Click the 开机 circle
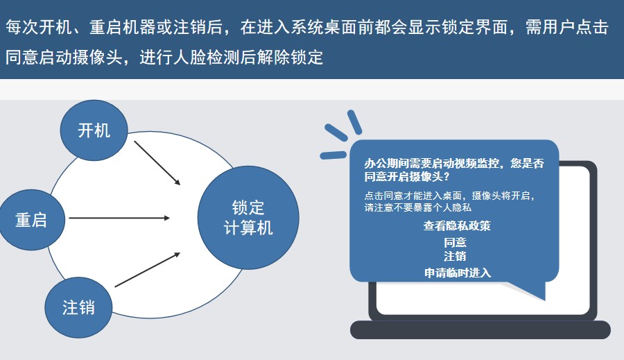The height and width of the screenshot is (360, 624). [94, 130]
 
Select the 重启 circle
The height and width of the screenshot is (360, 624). [32, 220]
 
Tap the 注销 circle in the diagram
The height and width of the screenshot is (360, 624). [78, 307]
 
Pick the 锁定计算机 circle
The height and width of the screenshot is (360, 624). [248, 218]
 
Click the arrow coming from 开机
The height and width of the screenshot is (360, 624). [157, 163]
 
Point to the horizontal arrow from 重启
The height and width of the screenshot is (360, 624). [119, 218]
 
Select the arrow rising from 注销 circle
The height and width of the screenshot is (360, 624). [148, 270]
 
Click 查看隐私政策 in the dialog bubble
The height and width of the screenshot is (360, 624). [457, 226]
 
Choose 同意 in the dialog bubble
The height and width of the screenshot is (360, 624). [455, 242]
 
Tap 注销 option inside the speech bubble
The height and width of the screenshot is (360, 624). [455, 256]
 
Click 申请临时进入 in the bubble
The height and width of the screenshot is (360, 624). [458, 273]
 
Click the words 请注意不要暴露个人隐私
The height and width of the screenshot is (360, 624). [418, 207]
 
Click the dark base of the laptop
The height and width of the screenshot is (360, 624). [480, 329]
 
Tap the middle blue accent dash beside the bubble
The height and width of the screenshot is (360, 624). [336, 132]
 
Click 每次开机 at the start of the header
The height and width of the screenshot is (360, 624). [39, 27]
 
